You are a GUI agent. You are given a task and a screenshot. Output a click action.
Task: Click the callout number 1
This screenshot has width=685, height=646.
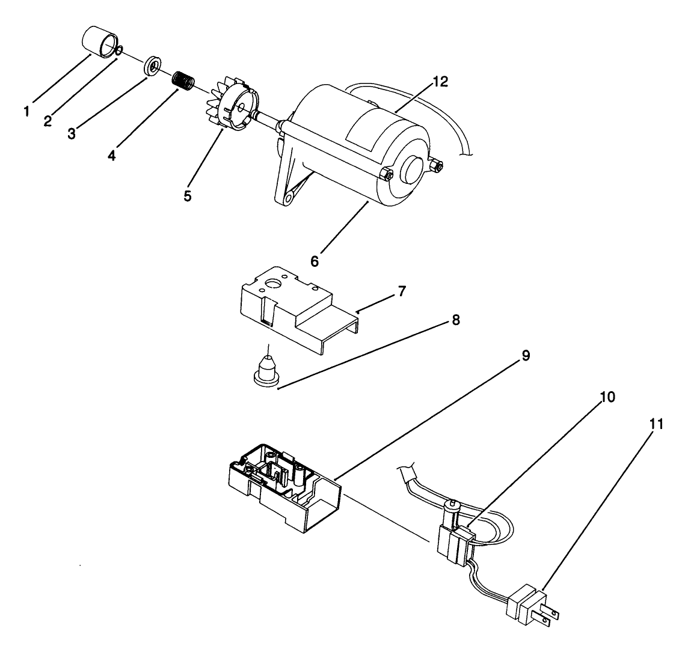click(x=27, y=111)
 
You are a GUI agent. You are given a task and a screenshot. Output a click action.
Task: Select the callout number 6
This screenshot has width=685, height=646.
click(x=315, y=262)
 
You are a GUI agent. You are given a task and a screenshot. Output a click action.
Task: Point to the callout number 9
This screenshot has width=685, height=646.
click(x=525, y=356)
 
